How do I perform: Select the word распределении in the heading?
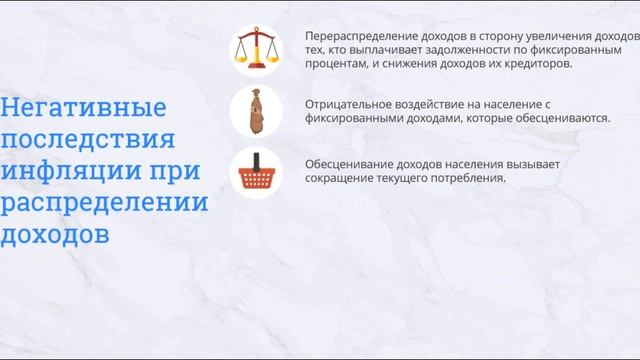pyautogui.click(x=104, y=202)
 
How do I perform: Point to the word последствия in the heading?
pyautogui.click(x=88, y=139)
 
